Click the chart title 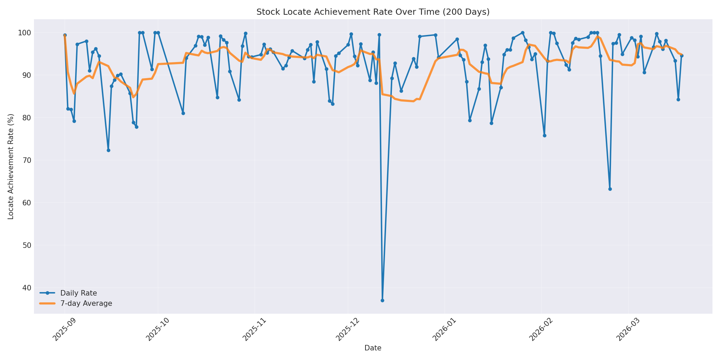(373, 12)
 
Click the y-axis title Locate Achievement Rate (11, 167)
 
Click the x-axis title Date (373, 348)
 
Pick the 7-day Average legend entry (86, 303)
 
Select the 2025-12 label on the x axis (348, 329)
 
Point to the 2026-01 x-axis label (444, 329)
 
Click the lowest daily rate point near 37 (382, 300)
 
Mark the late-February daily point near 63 (610, 189)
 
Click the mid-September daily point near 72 (108, 150)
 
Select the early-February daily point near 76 (544, 135)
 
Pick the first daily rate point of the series (65, 35)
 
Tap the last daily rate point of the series (682, 56)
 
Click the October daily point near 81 (183, 113)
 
